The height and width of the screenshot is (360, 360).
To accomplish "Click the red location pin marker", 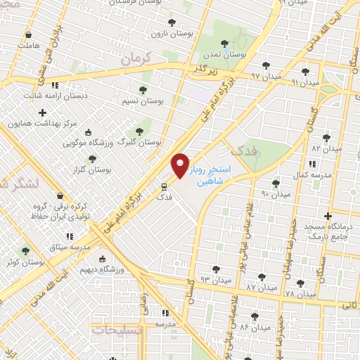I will [181, 165].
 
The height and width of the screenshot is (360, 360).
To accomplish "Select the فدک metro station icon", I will [163, 187].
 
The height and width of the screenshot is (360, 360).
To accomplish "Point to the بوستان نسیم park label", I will [161, 101].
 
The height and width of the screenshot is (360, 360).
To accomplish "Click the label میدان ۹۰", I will [276, 193].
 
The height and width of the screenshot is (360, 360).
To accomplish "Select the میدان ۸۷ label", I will [261, 288].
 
